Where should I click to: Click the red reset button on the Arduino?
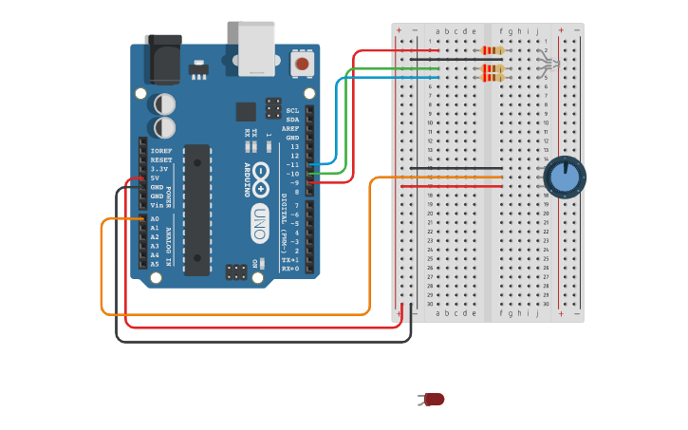coord(302,64)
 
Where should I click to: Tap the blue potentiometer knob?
coord(565,178)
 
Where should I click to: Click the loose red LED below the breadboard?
coord(434,400)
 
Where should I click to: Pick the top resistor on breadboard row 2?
coord(493,50)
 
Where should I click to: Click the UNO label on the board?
coord(259,223)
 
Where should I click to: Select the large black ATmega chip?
coord(197,209)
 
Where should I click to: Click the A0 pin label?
coord(155,219)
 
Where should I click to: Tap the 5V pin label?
coord(154,178)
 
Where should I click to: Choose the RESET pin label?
coord(160,159)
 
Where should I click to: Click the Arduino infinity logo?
coord(260,176)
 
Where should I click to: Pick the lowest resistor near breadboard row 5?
coord(493,78)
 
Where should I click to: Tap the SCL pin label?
coord(292,110)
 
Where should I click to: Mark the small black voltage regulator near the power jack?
coord(198,69)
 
